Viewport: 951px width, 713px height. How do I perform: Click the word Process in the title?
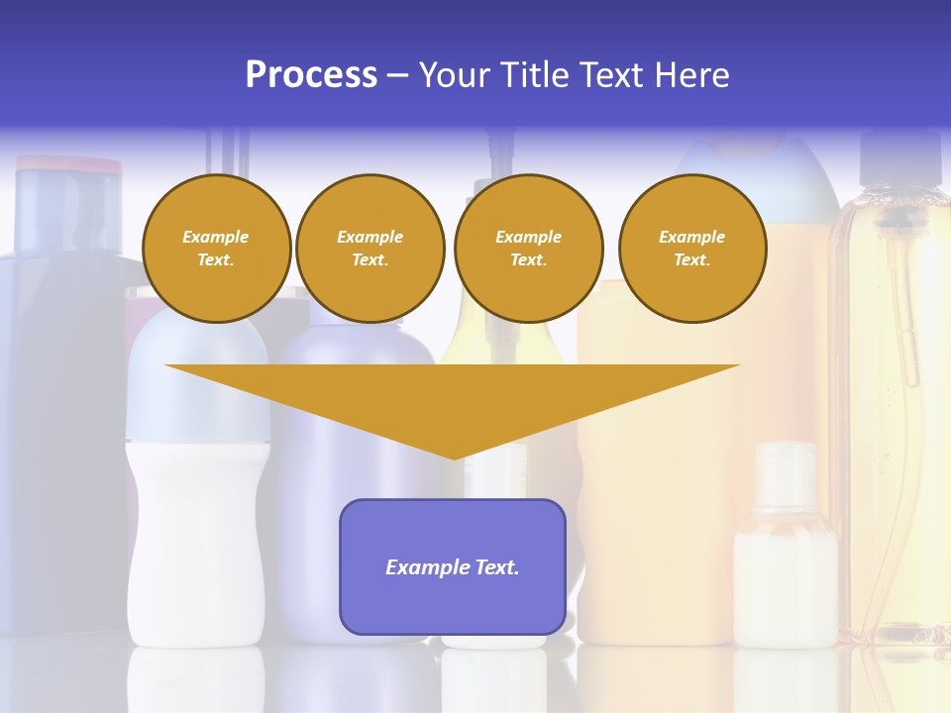point(311,75)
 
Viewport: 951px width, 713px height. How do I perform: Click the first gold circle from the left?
point(216,249)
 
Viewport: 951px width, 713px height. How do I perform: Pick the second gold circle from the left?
point(370,249)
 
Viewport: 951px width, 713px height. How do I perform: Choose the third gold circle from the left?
point(528,249)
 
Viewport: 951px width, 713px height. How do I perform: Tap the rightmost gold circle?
point(692,249)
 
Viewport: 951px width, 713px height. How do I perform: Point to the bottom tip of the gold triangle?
point(454,457)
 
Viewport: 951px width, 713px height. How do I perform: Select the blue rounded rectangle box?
point(453,594)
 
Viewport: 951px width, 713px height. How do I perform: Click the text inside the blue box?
point(453,567)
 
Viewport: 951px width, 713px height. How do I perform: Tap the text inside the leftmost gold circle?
point(216,249)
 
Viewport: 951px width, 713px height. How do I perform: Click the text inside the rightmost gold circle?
point(692,249)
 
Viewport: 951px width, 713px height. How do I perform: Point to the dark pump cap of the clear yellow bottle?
point(898,163)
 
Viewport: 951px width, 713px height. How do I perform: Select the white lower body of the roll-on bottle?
point(198,545)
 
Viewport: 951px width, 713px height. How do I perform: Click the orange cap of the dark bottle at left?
point(69,164)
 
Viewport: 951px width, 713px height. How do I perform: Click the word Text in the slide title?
point(611,75)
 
